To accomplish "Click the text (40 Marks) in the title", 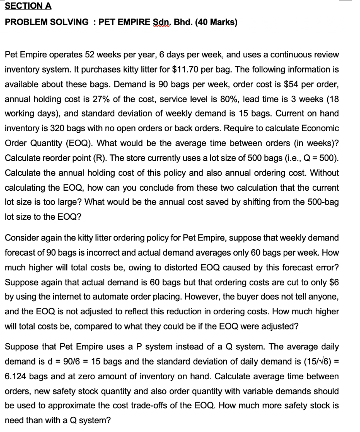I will click(x=214, y=22).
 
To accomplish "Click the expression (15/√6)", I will click(x=316, y=362).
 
